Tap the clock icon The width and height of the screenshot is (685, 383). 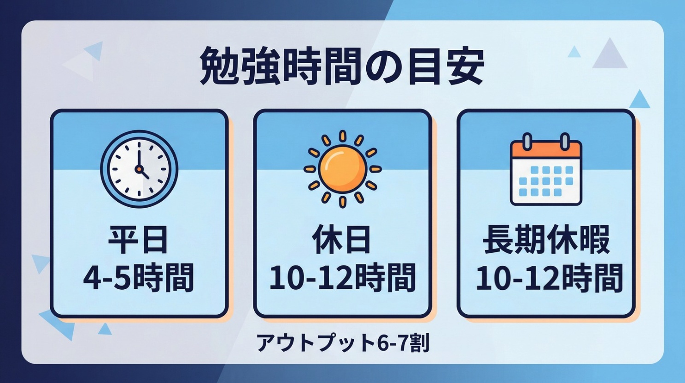139,169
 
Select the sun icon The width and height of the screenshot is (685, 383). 342,169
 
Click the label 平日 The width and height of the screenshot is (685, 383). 138,239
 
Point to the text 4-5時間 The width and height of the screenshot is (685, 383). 138,278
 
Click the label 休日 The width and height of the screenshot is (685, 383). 342,239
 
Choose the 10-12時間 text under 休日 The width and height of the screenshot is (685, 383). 342,278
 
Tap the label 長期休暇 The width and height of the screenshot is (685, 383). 546,239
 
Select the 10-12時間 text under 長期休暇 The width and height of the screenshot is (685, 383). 549,278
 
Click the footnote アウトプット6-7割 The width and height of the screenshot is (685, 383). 343,343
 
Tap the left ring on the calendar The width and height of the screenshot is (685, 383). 527,140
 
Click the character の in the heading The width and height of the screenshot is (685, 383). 382,66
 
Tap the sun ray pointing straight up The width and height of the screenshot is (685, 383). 342,136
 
